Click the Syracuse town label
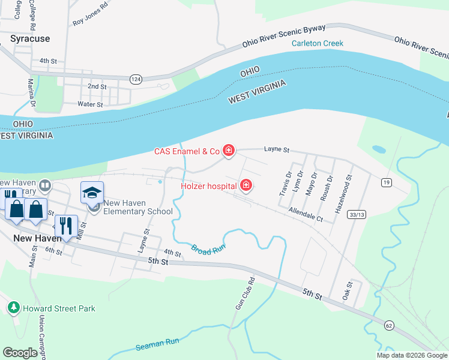(x=30, y=38)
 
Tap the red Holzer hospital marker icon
(x=246, y=186)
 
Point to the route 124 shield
(x=135, y=79)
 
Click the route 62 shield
(x=389, y=325)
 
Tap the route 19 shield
(x=385, y=182)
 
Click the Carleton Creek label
(x=318, y=43)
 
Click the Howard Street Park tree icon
(x=13, y=308)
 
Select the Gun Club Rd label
(x=240, y=293)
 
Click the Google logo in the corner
(x=20, y=352)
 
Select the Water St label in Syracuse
(x=91, y=104)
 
